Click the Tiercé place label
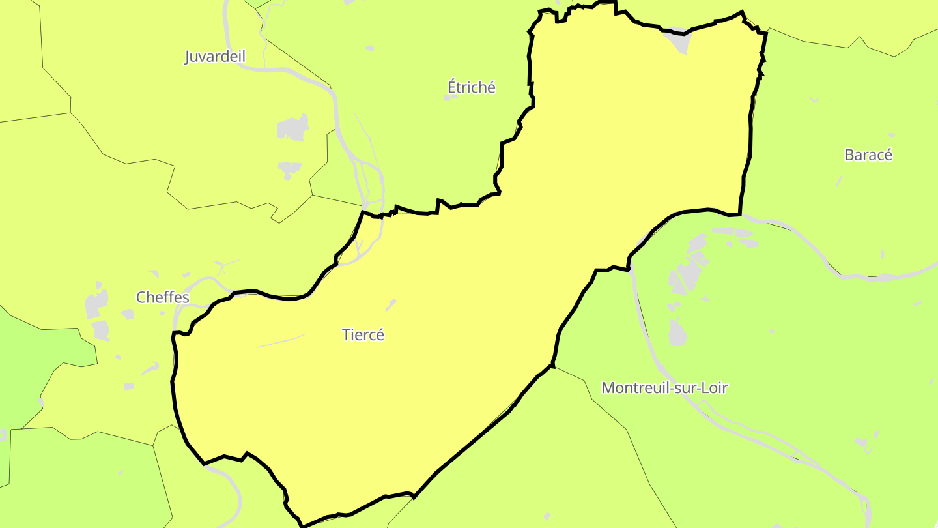pyautogui.click(x=363, y=335)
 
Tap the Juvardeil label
pyautogui.click(x=215, y=57)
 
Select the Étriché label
pyautogui.click(x=472, y=87)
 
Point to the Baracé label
pyautogui.click(x=868, y=155)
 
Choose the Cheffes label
pyautogui.click(x=163, y=298)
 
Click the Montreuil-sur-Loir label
pyautogui.click(x=664, y=388)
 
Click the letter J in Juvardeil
pyautogui.click(x=188, y=57)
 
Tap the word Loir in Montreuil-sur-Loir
pyautogui.click(x=714, y=388)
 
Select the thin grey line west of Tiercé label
pyautogui.click(x=281, y=342)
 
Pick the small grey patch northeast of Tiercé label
pyautogui.click(x=391, y=304)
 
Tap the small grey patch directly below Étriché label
pyautogui.click(x=450, y=98)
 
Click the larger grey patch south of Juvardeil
pyautogui.click(x=293, y=128)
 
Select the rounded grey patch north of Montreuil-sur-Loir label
pyautogui.click(x=677, y=332)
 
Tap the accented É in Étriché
pyautogui.click(x=452, y=87)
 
